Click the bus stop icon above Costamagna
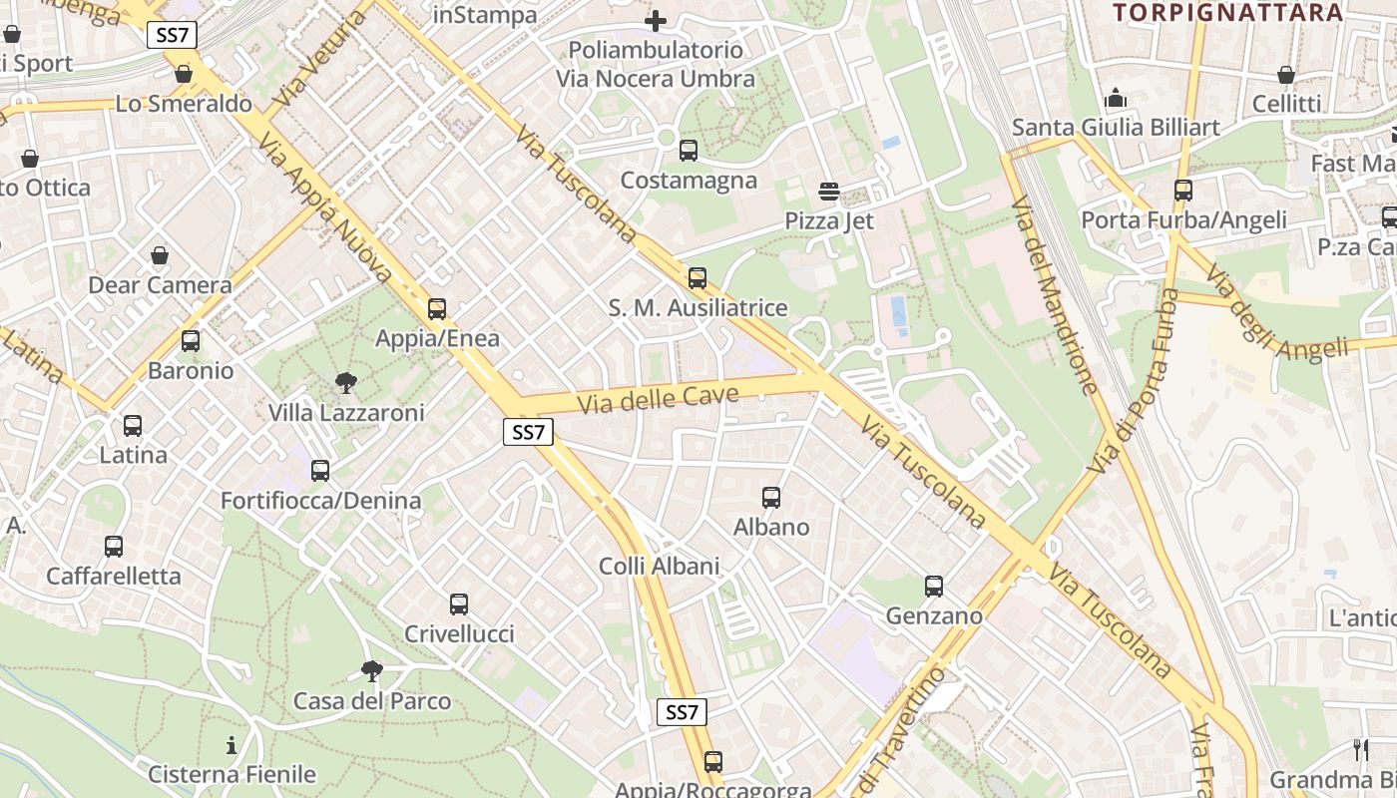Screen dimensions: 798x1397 [x=688, y=151]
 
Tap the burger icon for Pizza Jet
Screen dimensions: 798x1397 [x=828, y=191]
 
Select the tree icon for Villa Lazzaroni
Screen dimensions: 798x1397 [x=346, y=382]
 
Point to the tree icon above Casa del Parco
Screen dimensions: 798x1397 [x=372, y=670]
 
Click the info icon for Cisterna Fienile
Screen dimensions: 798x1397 [x=232, y=744]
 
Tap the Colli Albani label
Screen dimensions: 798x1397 [x=659, y=567]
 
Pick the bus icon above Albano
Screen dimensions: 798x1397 [x=771, y=497]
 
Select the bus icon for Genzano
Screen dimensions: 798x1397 [x=934, y=587]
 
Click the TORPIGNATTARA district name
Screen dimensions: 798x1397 [x=1227, y=13]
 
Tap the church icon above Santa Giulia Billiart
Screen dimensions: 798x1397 [x=1116, y=98]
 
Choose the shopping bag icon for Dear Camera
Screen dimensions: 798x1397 [x=160, y=255]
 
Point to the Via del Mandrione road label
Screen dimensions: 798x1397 [x=1055, y=295]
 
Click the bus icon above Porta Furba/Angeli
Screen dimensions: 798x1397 [x=1183, y=190]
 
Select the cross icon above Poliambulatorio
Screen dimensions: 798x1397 [x=656, y=20]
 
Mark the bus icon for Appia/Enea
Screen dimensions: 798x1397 [x=437, y=309]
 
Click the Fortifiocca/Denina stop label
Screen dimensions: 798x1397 [x=320, y=501]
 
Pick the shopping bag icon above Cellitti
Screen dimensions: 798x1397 [x=1286, y=75]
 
